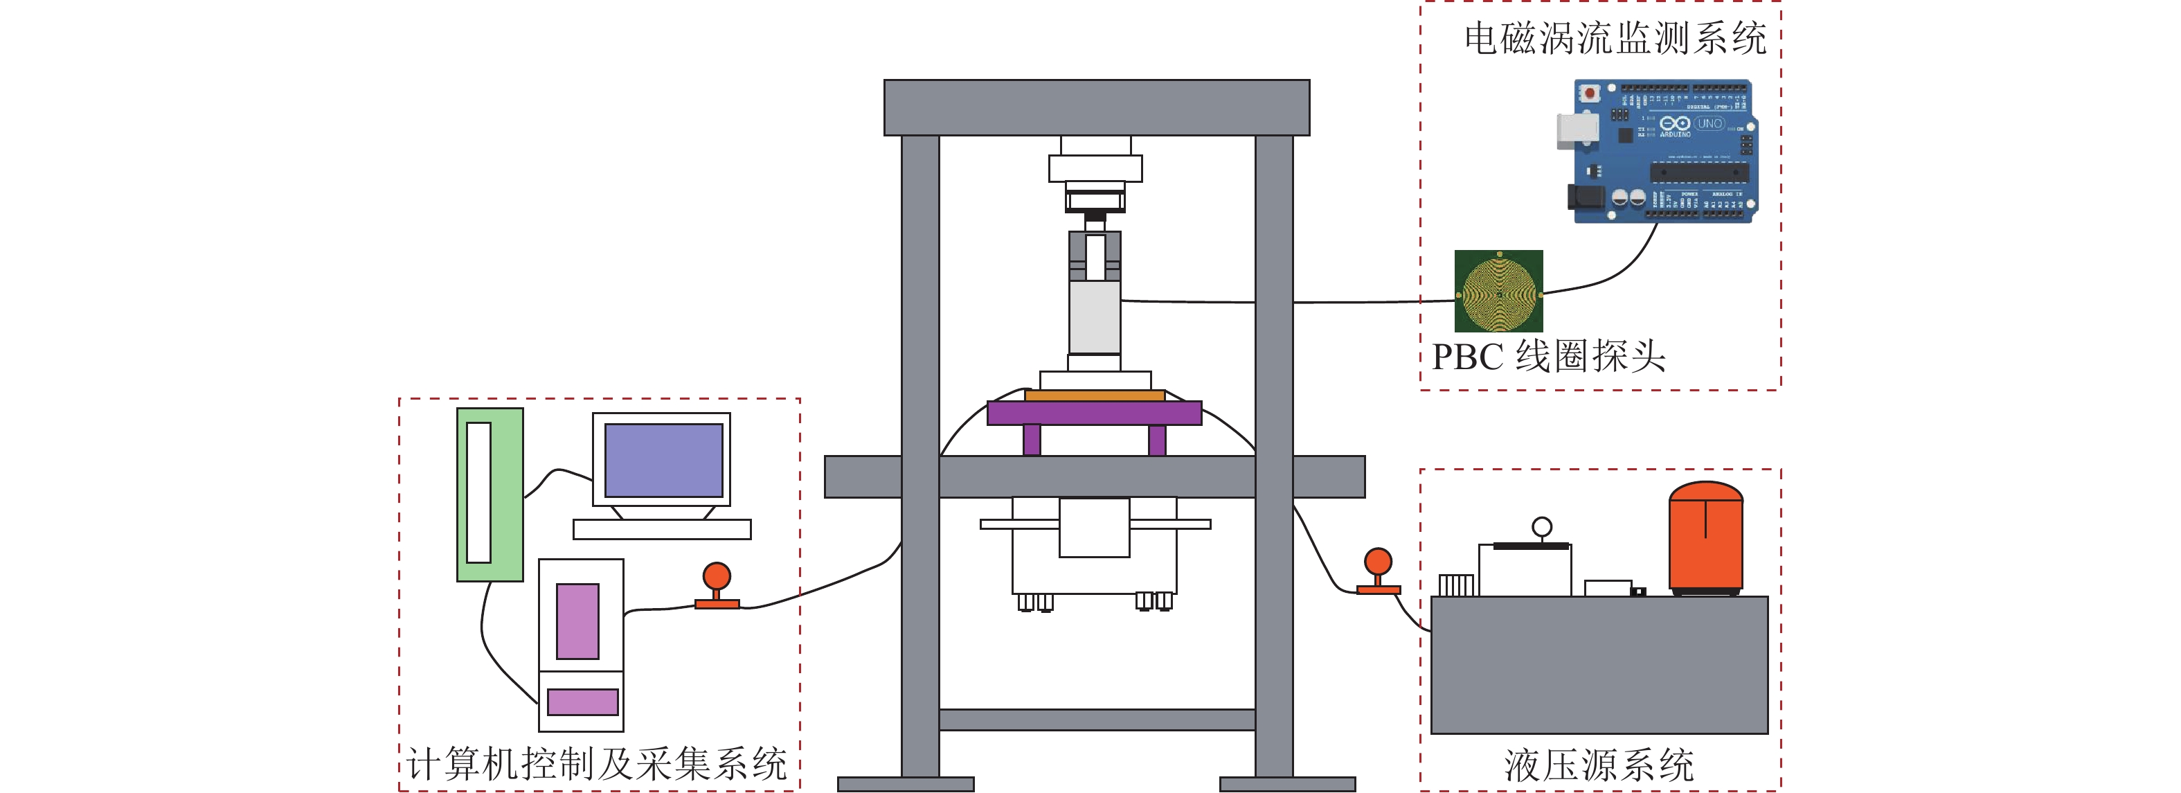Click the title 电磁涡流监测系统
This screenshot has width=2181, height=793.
[1615, 39]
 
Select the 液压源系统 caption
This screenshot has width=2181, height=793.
[1599, 765]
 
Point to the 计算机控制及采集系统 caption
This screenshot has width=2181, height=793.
[597, 764]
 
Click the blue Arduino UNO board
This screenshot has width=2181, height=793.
[1664, 151]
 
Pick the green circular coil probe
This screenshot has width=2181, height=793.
[1498, 292]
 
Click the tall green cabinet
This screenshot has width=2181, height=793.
[490, 494]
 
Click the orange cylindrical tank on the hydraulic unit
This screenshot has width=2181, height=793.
[1705, 537]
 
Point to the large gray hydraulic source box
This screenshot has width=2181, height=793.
[1599, 664]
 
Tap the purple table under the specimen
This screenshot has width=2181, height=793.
[1094, 413]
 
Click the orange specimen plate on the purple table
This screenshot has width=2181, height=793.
[1094, 395]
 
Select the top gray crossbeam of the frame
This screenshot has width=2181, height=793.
[1097, 107]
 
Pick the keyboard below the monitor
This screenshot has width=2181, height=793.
[661, 530]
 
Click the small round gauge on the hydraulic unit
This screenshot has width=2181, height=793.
[1542, 527]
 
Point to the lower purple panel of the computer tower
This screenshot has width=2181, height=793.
[582, 702]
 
